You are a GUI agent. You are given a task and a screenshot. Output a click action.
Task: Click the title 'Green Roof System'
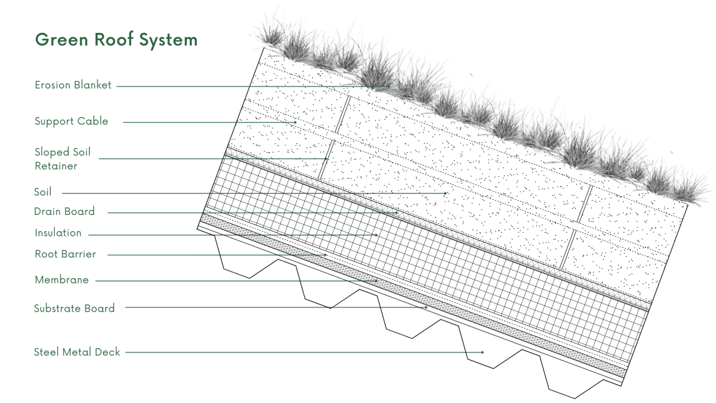pyautogui.click(x=116, y=40)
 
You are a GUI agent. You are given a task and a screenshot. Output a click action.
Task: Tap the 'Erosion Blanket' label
pyautogui.click(x=73, y=85)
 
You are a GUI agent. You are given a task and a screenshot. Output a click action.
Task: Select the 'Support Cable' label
pyautogui.click(x=71, y=121)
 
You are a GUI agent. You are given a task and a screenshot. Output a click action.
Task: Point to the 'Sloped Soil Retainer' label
pyautogui.click(x=63, y=159)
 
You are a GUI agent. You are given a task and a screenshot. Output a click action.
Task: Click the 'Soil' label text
pyautogui.click(x=43, y=192)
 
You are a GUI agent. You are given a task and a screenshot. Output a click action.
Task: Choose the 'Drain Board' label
pyautogui.click(x=64, y=211)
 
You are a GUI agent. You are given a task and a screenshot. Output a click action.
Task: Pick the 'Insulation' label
pyautogui.click(x=58, y=233)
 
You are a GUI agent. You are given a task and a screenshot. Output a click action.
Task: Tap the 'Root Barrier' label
pyautogui.click(x=65, y=254)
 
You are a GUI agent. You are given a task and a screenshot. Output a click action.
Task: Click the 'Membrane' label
pyautogui.click(x=61, y=280)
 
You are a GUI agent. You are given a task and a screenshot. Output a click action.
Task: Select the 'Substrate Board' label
pyautogui.click(x=74, y=308)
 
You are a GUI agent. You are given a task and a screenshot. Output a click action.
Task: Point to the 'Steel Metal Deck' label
pyautogui.click(x=77, y=352)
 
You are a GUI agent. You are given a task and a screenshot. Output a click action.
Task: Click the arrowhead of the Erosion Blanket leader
pyautogui.click(x=388, y=87)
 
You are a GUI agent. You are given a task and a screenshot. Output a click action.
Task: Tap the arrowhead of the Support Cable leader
pyautogui.click(x=295, y=122)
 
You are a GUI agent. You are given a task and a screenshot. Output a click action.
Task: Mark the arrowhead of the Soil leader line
pyautogui.click(x=445, y=193)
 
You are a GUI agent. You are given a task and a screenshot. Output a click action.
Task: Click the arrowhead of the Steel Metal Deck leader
pyautogui.click(x=483, y=352)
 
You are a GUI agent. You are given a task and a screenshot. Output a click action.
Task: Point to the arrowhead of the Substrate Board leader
pyautogui.click(x=427, y=307)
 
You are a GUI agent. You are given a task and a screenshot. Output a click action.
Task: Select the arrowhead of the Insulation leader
pyautogui.click(x=376, y=235)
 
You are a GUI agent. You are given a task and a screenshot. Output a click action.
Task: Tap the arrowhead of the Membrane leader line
pyautogui.click(x=376, y=281)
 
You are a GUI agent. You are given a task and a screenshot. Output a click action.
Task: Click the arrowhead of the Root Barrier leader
pyautogui.click(x=325, y=255)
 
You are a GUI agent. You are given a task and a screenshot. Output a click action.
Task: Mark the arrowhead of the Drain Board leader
pyautogui.click(x=397, y=213)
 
